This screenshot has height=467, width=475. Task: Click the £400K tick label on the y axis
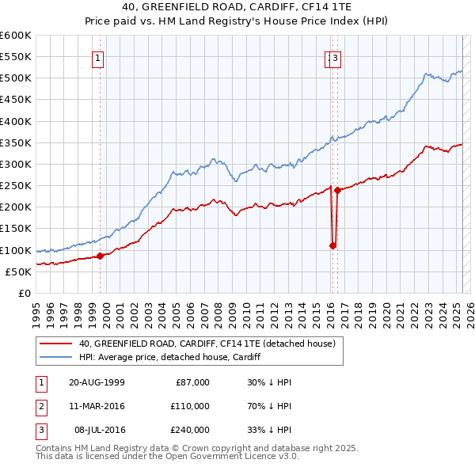(16, 121)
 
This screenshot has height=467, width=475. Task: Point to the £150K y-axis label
(16, 229)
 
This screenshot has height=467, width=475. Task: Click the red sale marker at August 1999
(101, 256)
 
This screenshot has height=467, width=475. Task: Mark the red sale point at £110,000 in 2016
(332, 245)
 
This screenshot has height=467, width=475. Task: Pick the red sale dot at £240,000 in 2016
(337, 190)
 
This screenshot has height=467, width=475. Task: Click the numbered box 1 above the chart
(97, 57)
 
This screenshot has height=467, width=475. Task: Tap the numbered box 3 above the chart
(336, 57)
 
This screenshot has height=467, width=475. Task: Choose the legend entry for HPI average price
(170, 357)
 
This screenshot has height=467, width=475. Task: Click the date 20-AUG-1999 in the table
(97, 382)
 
